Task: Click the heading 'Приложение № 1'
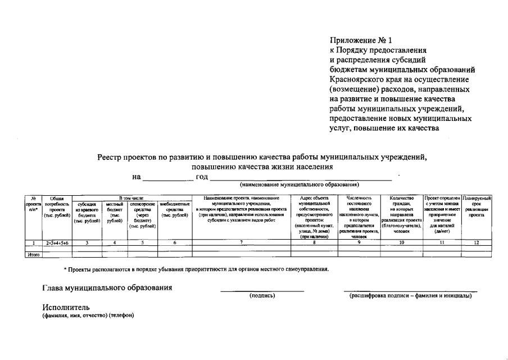click(x=361, y=40)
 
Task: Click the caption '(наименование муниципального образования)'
click(x=300, y=184)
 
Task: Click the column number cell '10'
click(x=401, y=242)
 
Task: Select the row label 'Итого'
click(x=34, y=255)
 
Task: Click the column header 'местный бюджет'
click(x=115, y=212)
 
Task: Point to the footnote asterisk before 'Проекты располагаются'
click(x=65, y=269)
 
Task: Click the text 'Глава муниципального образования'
click(x=107, y=288)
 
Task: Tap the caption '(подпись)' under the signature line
click(x=262, y=295)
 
